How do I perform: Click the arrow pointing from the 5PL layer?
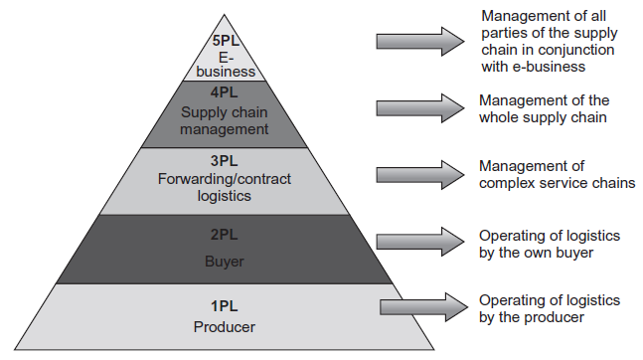[419, 41]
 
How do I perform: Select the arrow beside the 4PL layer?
[419, 105]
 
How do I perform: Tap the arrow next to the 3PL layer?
[419, 173]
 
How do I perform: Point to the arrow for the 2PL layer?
[419, 241]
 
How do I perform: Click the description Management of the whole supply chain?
[544, 109]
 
